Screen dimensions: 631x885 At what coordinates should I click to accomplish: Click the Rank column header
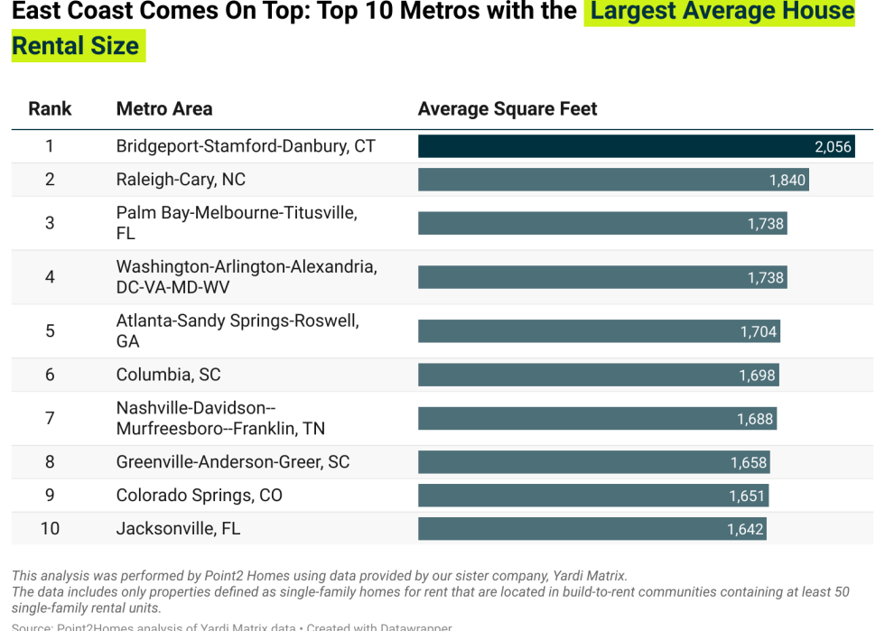(x=50, y=109)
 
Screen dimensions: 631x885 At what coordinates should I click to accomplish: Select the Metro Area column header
(x=164, y=109)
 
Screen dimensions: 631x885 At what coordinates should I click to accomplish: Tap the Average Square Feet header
(x=508, y=109)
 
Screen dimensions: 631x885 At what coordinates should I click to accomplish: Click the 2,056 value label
(x=833, y=147)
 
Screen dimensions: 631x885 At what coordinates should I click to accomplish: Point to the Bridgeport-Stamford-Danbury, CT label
(x=246, y=146)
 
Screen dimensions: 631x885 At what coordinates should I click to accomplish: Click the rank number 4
(x=50, y=277)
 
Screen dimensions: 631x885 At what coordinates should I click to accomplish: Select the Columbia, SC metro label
(x=168, y=375)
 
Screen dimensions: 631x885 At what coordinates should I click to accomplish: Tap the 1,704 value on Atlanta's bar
(x=758, y=332)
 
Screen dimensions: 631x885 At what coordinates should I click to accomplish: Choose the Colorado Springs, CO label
(x=199, y=496)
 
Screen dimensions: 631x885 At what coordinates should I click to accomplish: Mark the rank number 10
(x=50, y=529)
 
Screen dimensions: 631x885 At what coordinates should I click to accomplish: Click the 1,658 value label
(x=749, y=463)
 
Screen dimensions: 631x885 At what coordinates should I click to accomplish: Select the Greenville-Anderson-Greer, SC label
(x=233, y=462)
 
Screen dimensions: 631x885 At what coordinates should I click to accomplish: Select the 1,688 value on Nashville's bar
(x=755, y=419)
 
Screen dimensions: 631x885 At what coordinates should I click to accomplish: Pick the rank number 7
(x=50, y=418)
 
